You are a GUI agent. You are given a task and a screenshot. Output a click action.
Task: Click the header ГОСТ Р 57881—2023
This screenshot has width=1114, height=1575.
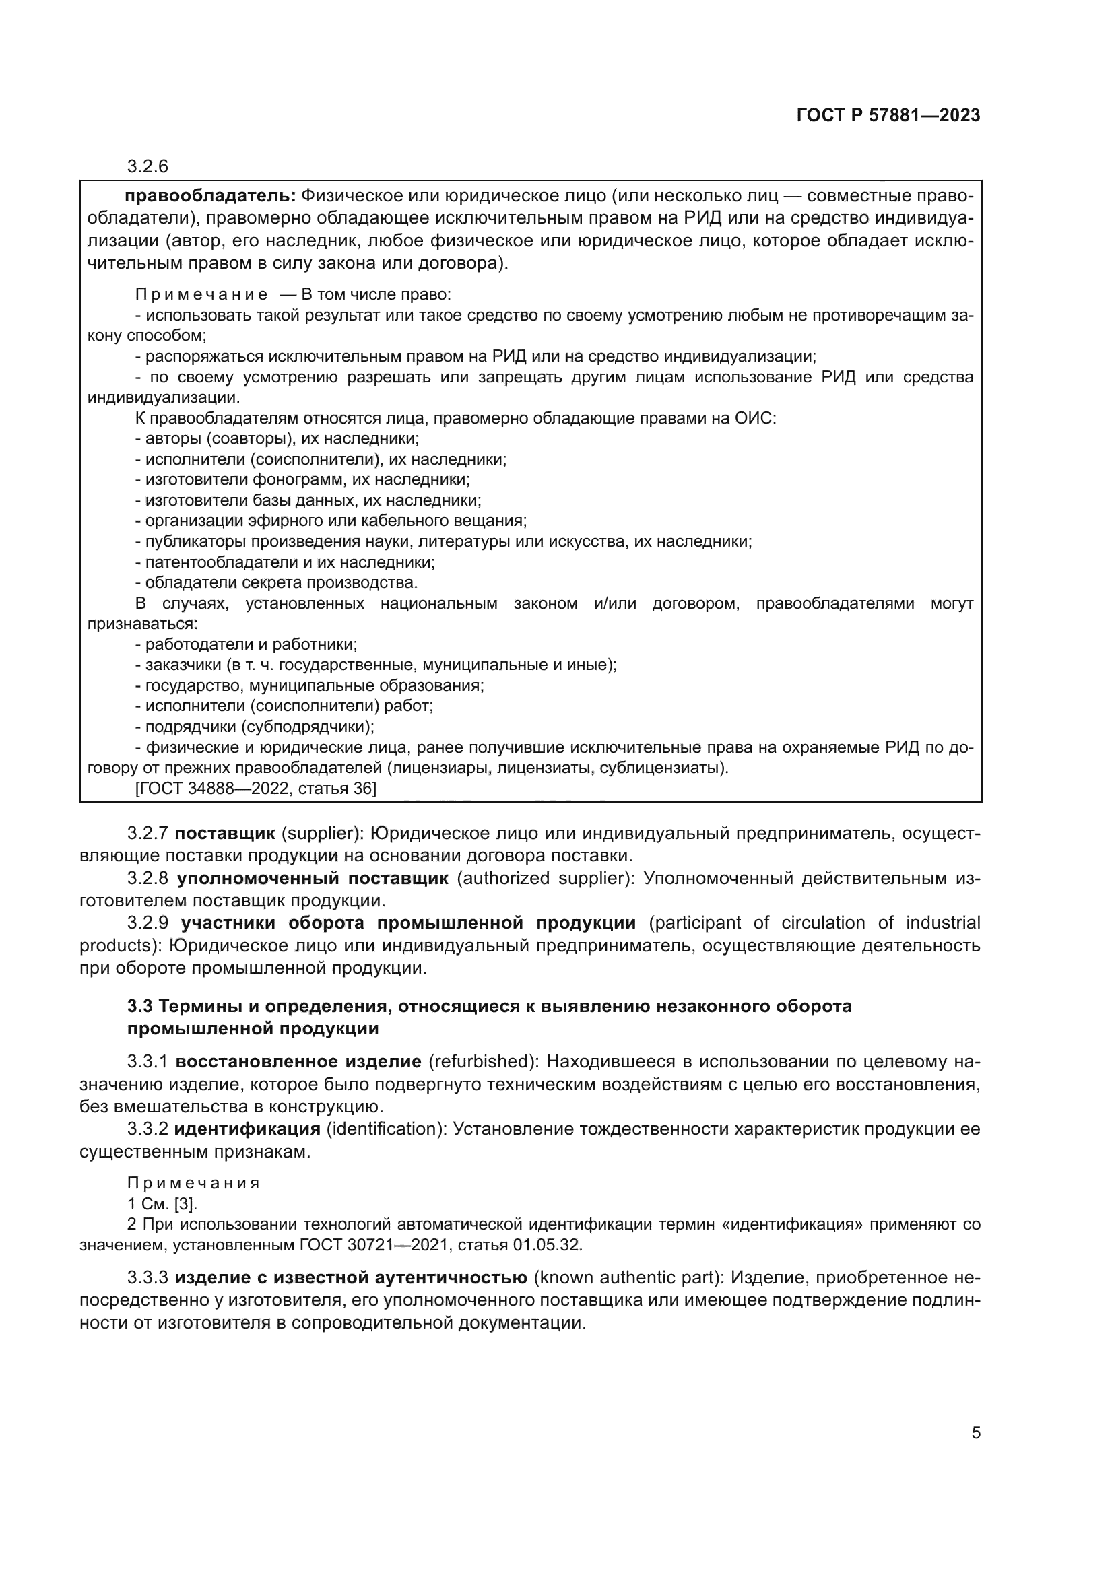pos(888,115)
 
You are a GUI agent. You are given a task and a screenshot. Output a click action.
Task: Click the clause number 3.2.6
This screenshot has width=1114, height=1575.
pos(148,166)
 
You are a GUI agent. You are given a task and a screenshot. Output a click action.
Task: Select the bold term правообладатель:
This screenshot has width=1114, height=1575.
pos(210,196)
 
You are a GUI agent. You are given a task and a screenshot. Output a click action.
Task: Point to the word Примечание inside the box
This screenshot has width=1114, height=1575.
pos(201,294)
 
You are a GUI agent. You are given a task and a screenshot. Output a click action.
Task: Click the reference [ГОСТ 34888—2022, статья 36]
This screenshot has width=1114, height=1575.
pos(256,789)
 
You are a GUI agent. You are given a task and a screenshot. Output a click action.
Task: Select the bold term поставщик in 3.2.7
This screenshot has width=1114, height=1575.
pos(224,834)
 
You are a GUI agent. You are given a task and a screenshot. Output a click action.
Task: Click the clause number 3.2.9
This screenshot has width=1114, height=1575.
pos(148,923)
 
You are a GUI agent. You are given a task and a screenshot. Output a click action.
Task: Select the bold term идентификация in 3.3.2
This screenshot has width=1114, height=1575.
pos(247,1129)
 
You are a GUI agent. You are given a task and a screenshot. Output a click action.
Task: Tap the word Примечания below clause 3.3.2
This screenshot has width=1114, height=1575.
pos(193,1183)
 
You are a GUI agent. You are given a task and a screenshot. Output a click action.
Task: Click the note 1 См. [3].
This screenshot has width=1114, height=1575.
pos(162,1203)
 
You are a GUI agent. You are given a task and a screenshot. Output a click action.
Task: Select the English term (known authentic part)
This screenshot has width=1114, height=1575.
pos(628,1278)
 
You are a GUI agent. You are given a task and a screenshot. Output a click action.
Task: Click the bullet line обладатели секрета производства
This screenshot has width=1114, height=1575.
pos(277,582)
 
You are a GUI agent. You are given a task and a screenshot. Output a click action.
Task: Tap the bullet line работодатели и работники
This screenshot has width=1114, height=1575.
pos(247,644)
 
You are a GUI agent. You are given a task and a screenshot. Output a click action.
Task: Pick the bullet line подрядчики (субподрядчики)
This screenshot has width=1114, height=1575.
pos(255,727)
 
